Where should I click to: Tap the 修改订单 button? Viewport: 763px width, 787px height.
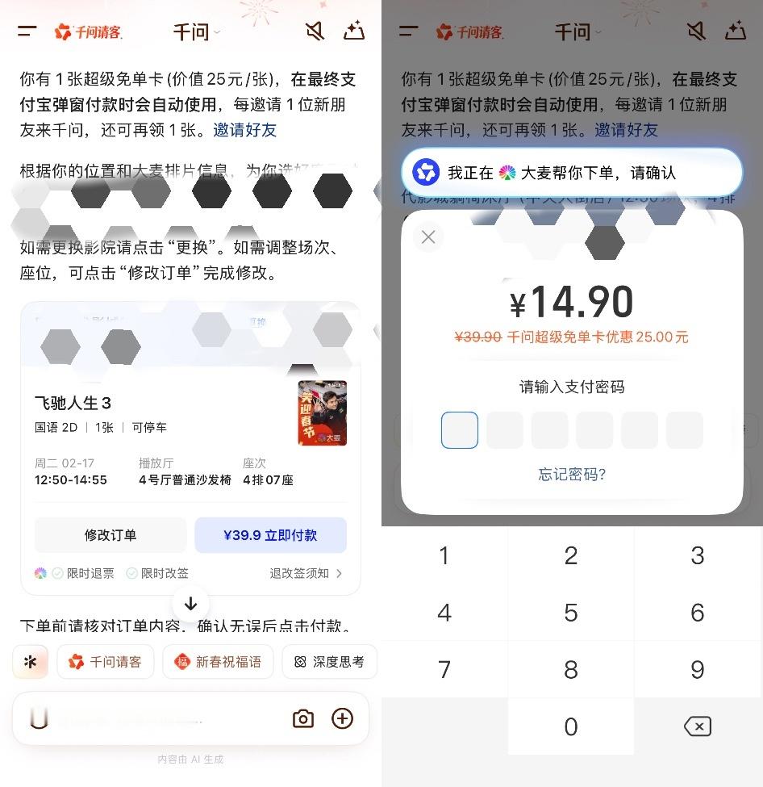[110, 535]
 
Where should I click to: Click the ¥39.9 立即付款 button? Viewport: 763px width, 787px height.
[270, 535]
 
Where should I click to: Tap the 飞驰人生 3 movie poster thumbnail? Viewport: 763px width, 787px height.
[322, 412]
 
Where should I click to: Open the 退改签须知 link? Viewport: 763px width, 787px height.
[305, 573]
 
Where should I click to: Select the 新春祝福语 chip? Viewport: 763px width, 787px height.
[218, 662]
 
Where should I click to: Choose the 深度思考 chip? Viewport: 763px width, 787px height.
[329, 662]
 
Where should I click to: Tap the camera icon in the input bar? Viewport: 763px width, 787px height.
[303, 718]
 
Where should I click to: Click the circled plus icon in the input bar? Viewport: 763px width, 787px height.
[343, 718]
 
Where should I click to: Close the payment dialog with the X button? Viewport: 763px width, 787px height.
[428, 237]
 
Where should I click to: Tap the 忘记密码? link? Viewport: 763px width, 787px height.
[572, 474]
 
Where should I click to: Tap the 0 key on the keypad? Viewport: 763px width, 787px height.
[571, 726]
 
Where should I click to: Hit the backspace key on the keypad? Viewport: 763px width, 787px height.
[698, 726]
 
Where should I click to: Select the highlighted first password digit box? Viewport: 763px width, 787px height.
[460, 430]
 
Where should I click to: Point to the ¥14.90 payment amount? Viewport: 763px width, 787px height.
[572, 303]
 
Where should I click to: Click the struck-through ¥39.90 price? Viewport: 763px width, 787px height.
[478, 337]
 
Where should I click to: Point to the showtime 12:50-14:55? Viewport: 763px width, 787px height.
[71, 479]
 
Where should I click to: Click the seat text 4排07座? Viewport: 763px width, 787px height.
[268, 479]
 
